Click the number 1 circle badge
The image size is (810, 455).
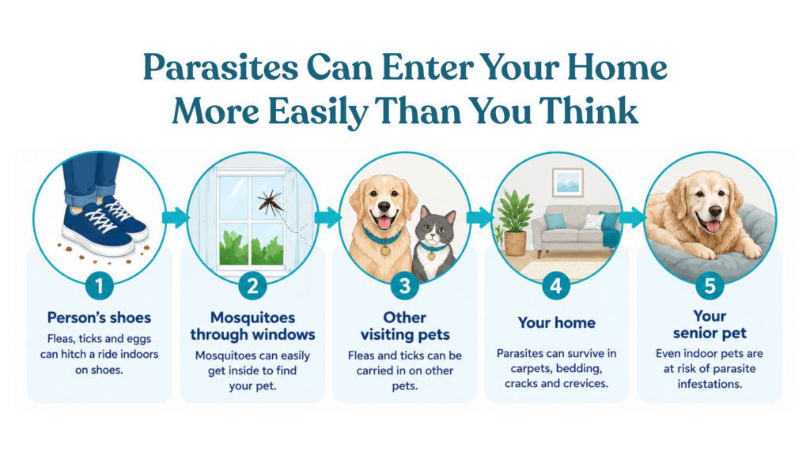(99, 285)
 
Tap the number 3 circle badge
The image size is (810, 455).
(404, 285)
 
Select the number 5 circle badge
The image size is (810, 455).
(710, 285)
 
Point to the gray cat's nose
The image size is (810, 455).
(433, 236)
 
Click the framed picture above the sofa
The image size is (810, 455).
(568, 182)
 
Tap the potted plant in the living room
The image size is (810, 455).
(513, 222)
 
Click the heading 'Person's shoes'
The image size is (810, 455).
(99, 318)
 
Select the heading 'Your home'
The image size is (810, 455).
(556, 322)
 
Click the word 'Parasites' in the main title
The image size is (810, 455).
(221, 68)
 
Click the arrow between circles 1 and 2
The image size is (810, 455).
(176, 217)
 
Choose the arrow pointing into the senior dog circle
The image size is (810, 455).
(632, 217)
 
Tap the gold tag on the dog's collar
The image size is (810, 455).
(385, 250)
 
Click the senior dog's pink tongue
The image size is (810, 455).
(713, 226)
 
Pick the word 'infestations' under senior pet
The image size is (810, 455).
(709, 384)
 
